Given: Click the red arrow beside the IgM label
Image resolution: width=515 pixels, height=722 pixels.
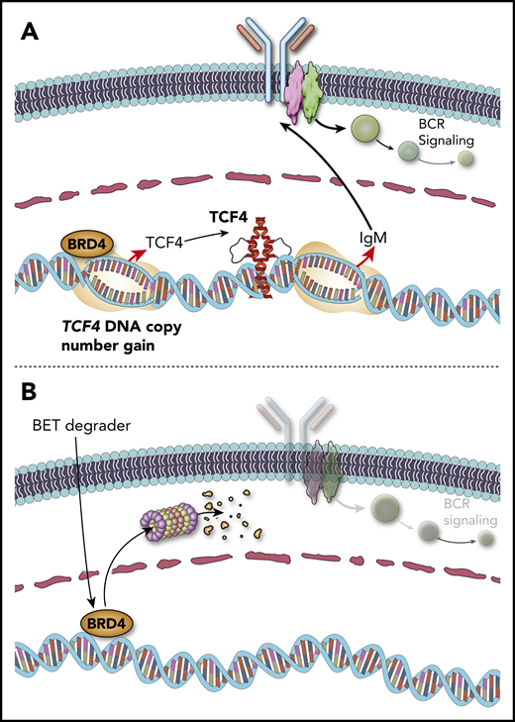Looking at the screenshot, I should (x=379, y=260).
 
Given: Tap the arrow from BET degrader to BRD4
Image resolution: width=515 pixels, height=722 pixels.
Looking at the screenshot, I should (x=84, y=525).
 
